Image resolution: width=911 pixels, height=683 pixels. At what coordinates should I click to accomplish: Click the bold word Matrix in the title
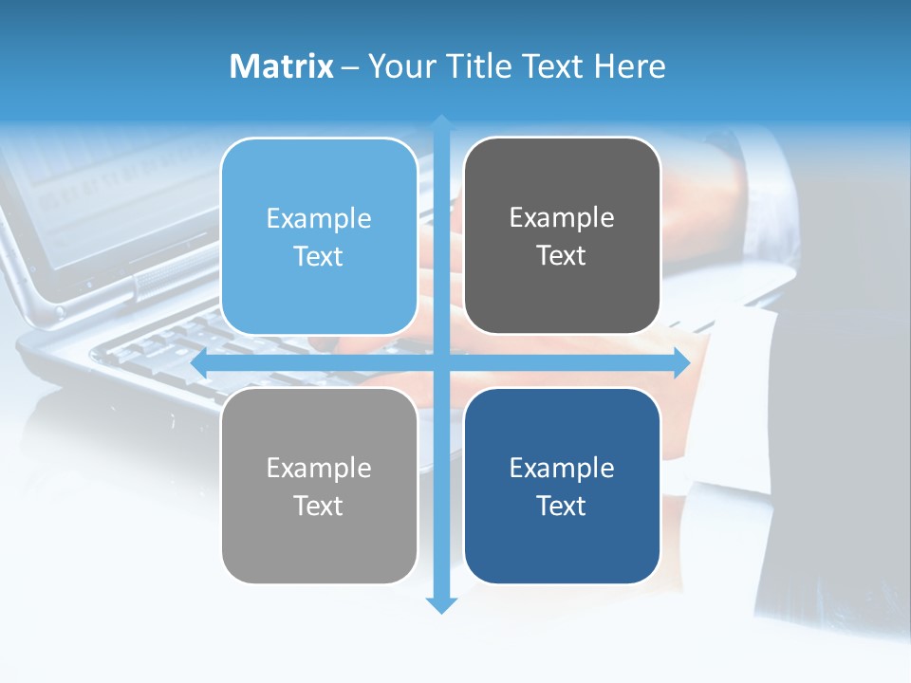pyautogui.click(x=281, y=66)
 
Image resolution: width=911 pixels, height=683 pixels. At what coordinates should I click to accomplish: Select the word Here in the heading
pyautogui.click(x=630, y=66)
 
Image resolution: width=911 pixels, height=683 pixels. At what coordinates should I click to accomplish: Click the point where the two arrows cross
pyautogui.click(x=441, y=363)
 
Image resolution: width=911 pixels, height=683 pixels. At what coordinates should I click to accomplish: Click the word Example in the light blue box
pyautogui.click(x=319, y=218)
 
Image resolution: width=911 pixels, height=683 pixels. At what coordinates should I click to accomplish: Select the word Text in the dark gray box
pyautogui.click(x=562, y=256)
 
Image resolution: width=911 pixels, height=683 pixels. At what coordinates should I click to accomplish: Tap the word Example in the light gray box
pyautogui.click(x=319, y=468)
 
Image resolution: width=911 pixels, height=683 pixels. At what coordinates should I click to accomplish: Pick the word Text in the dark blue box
pyautogui.click(x=562, y=506)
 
